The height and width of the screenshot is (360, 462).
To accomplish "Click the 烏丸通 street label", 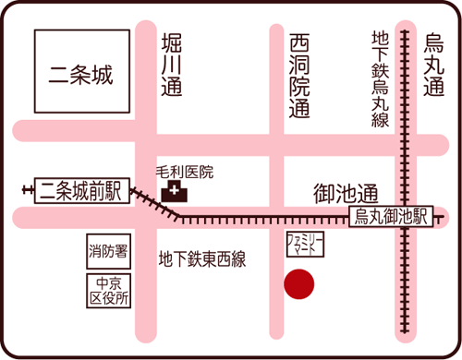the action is point(432,65).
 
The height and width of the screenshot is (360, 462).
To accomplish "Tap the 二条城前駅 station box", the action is point(79,191).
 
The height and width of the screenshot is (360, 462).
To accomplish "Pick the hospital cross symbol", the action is point(173,193).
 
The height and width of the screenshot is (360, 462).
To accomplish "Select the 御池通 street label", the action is point(346,194).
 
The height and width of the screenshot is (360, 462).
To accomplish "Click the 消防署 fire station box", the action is point(108,249).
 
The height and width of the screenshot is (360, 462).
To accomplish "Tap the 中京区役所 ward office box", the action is point(108,291).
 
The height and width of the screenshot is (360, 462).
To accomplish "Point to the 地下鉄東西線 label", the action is point(202,259).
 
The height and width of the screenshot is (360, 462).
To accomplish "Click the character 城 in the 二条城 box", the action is point(102,74).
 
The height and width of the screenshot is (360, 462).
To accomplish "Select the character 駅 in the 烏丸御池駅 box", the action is point(420,216).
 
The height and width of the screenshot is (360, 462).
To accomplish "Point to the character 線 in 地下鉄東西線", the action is point(237,259).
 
